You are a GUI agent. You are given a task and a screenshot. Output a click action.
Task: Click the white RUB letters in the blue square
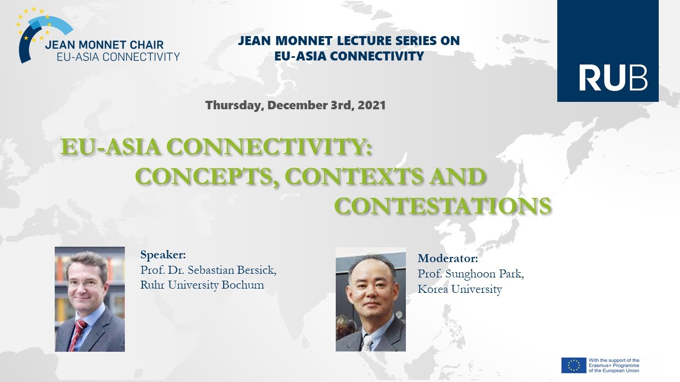point(613,78)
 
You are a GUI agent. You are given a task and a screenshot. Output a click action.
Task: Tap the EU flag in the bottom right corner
point(574,365)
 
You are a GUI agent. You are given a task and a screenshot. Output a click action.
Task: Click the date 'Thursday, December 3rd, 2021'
point(295,105)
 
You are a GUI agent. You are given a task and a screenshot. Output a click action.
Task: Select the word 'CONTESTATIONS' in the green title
point(443,206)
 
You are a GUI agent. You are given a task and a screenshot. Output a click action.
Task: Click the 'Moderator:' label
point(448,259)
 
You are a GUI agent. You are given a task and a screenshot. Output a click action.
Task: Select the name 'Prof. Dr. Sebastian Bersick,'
point(208,270)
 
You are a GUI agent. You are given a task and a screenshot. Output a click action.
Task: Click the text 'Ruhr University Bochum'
point(202,285)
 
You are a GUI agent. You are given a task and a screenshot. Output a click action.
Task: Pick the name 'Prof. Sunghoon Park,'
point(471,274)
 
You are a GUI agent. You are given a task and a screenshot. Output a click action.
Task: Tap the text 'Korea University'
point(460,289)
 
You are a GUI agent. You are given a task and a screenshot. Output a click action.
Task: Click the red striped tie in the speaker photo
point(78,335)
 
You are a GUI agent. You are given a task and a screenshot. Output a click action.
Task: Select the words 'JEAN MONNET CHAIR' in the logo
point(104,45)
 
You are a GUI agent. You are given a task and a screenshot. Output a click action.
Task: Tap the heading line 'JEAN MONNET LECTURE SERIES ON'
point(348,41)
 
